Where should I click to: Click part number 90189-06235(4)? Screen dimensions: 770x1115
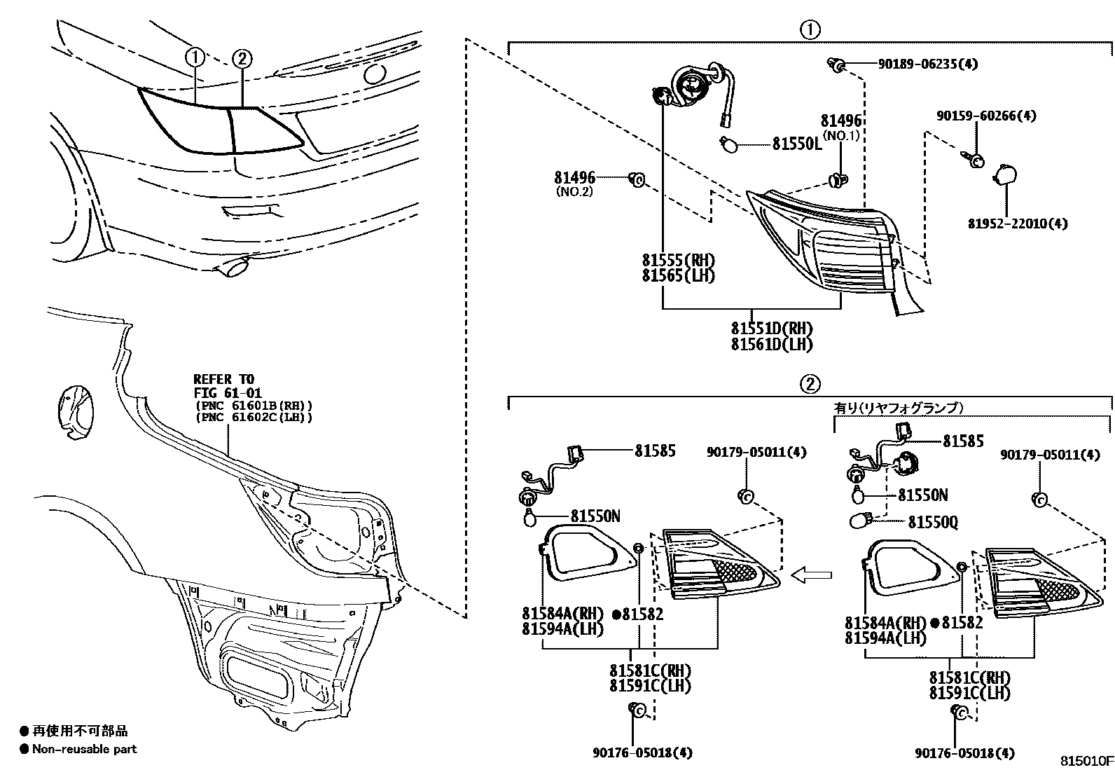coord(927,64)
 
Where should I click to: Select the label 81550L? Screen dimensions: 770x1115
coord(797,144)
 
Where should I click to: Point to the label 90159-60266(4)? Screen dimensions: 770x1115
coord(987,116)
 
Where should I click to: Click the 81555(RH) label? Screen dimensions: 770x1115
coord(678,260)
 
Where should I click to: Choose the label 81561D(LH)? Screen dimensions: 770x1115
coord(772,344)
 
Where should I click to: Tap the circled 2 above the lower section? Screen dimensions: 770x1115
coord(810,384)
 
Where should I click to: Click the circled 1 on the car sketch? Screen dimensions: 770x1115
coord(195,57)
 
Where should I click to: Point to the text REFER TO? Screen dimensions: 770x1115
coord(224,379)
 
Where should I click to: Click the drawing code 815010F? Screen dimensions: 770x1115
coord(1085,760)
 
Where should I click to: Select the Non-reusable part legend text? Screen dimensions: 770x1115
coord(84,749)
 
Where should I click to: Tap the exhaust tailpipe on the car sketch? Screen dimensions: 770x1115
coord(235,268)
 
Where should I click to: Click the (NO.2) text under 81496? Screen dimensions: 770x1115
coord(574,191)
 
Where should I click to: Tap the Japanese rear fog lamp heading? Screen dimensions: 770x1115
coord(899,407)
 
